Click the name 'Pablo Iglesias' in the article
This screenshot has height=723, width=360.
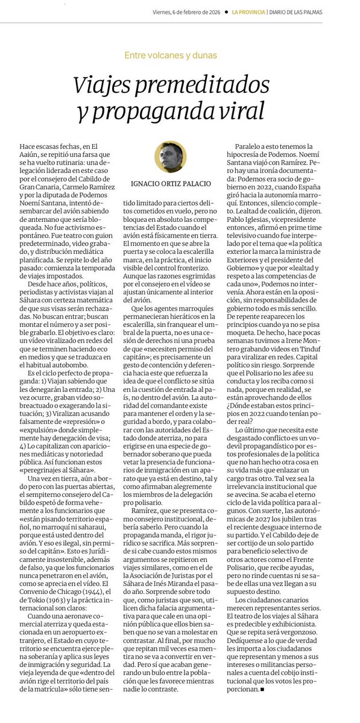(255, 230)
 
